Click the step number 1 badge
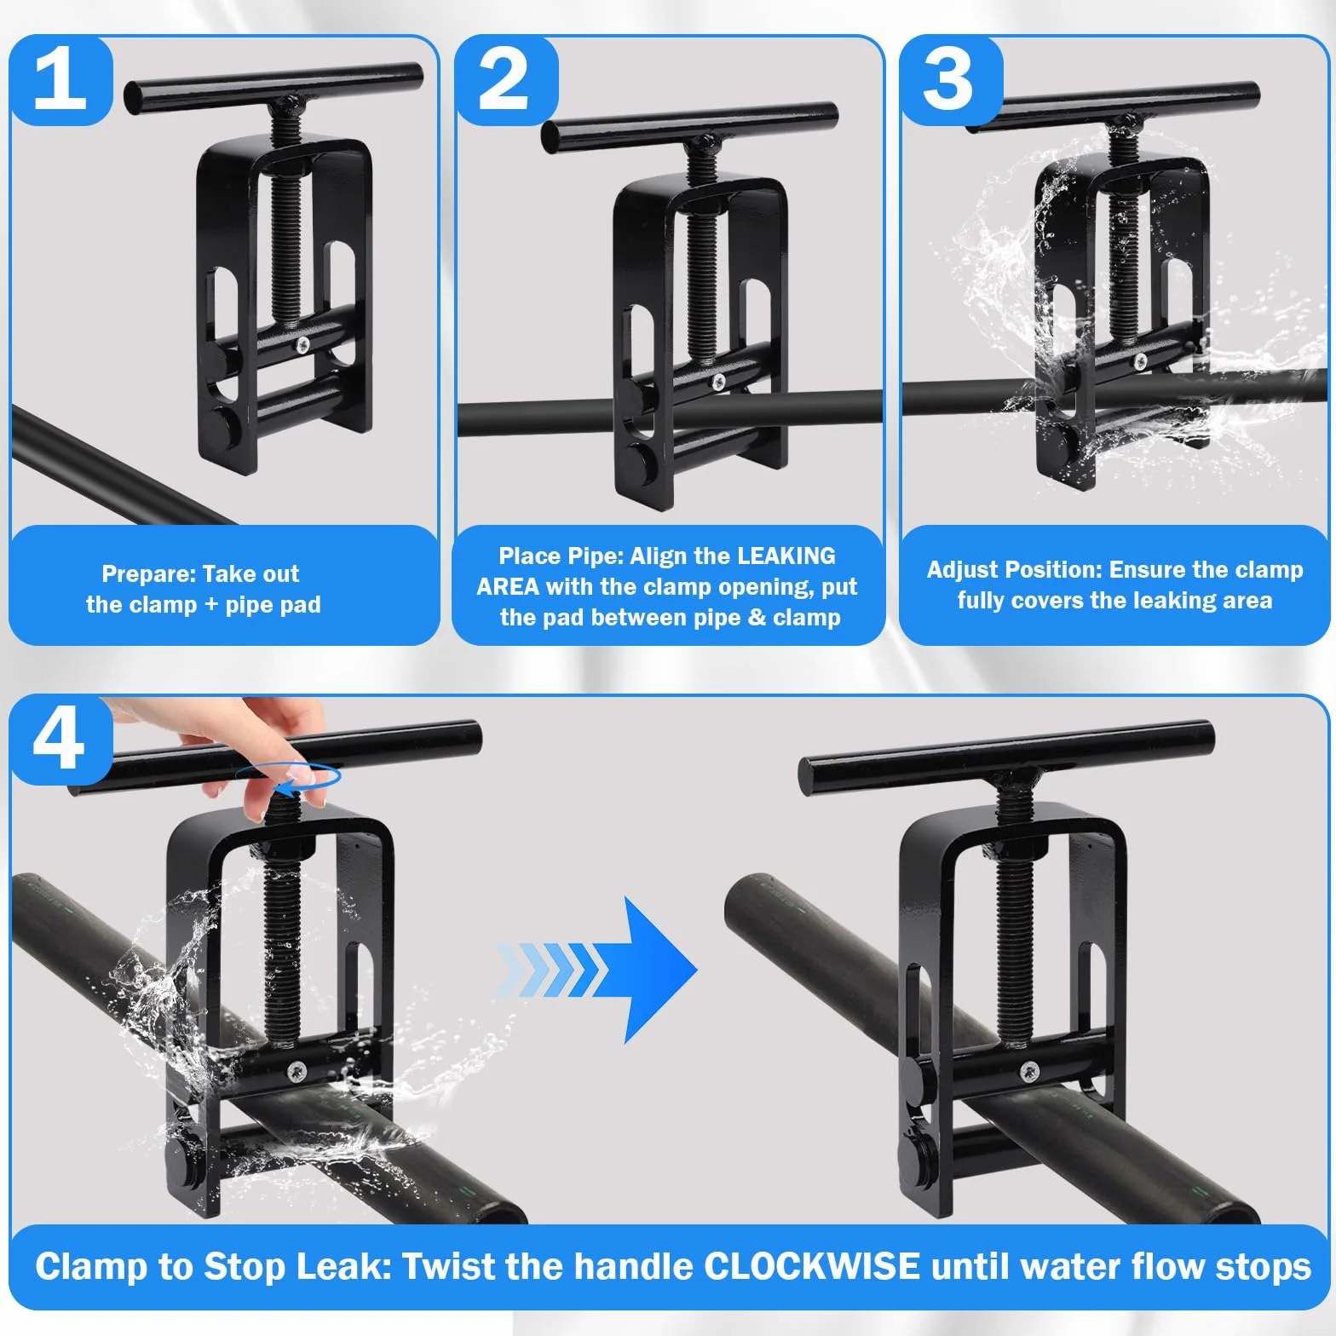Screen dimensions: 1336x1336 pos(60,79)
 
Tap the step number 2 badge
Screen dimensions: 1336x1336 pos(504,79)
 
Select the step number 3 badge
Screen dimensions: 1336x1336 pos(949,79)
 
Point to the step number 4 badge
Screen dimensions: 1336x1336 pos(60,739)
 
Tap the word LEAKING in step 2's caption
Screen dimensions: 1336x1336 pos(787,556)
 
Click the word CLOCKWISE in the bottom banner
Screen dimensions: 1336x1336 pos(812,1266)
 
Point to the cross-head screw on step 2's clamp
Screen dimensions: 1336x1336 pos(718,381)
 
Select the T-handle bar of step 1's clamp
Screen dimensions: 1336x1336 pos(274,86)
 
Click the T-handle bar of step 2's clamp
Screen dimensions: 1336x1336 pos(690,128)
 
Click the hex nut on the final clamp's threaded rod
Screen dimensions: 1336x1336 pos(1014,847)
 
